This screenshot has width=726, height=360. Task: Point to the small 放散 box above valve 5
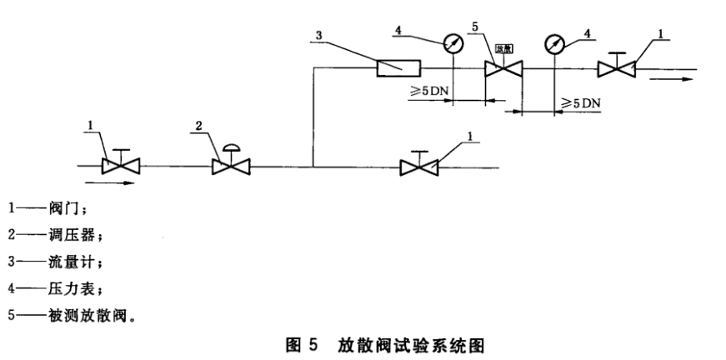tap(503, 49)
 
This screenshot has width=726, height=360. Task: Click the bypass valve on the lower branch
tap(419, 167)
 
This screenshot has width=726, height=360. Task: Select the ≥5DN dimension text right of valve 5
tap(580, 102)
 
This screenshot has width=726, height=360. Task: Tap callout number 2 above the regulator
tap(198, 126)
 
